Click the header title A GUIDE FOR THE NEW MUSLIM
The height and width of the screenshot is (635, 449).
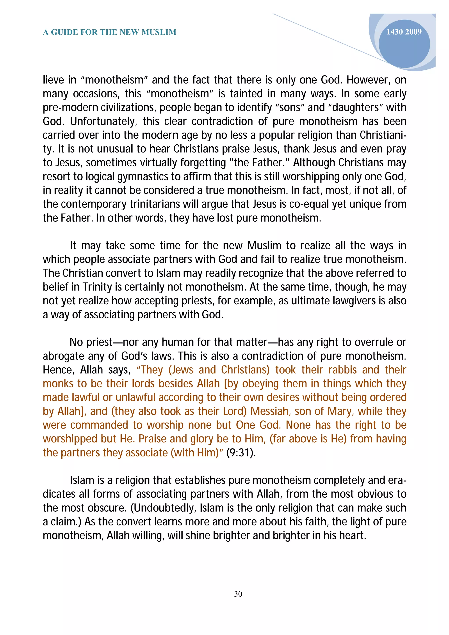110,32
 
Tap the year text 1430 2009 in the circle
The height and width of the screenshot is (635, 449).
404,32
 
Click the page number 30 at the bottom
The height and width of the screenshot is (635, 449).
238,594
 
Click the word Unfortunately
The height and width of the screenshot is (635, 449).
103,121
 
